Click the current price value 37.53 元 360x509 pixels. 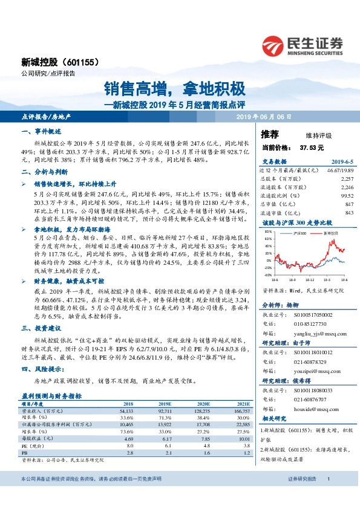coord(312,147)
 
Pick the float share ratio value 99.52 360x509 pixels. coord(346,196)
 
